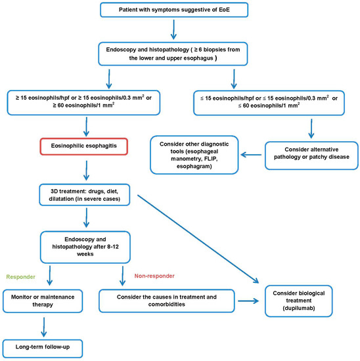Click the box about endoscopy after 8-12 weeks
(83, 242)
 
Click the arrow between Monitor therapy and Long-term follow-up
(44, 322)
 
